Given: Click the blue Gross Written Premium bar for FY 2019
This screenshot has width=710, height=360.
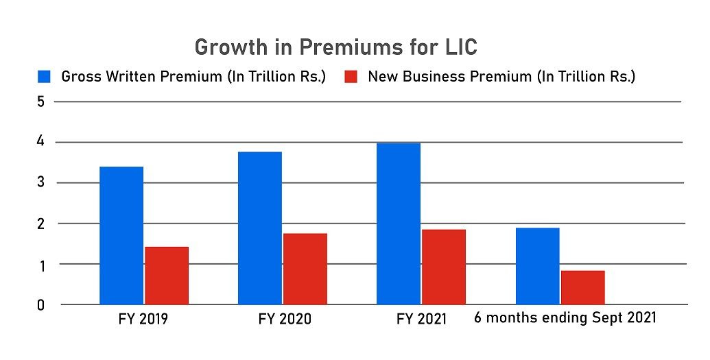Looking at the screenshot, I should (x=121, y=235).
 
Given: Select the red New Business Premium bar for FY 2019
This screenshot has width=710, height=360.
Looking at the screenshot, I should (x=167, y=275).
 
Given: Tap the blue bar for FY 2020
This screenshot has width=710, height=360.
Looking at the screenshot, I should (x=260, y=228).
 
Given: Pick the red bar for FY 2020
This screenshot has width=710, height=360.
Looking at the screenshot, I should (x=305, y=269).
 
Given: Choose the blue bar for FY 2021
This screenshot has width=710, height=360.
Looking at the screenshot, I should (x=399, y=224).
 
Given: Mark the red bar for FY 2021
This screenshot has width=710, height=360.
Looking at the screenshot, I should (x=444, y=267).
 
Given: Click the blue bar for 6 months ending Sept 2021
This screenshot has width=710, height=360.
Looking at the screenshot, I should (x=537, y=266).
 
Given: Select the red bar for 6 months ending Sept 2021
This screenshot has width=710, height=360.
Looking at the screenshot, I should (x=582, y=287).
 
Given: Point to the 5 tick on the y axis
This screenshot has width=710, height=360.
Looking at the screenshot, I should (x=40, y=102).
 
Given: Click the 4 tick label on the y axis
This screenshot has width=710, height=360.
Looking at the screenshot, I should (x=40, y=143).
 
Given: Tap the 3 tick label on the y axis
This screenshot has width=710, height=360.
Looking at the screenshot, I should (x=40, y=183).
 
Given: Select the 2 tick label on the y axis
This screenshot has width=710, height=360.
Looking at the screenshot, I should (x=40, y=224).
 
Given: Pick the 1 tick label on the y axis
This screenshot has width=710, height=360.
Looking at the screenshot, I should (x=40, y=264).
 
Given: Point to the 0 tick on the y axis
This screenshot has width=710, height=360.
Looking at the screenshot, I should (x=40, y=304).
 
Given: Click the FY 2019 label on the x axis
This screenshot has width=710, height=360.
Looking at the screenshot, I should (x=144, y=320).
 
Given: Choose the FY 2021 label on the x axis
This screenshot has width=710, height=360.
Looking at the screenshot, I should (x=421, y=320).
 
